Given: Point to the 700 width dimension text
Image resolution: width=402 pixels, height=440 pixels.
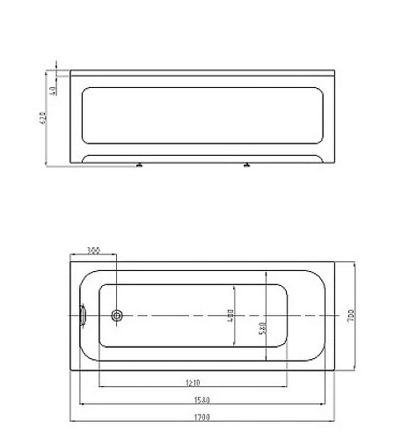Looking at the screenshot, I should coord(351,315).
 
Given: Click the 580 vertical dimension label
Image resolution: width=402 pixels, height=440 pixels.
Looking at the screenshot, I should coord(262,326).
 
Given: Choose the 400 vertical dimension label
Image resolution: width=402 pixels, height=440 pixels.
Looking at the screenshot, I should coord(230,315).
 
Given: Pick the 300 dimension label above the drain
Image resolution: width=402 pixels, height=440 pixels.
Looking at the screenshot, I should coord(95,252).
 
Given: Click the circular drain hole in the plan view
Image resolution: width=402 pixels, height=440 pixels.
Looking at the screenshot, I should coord(118,314).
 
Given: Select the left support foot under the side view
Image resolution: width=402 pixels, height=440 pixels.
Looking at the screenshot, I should coord(139,165).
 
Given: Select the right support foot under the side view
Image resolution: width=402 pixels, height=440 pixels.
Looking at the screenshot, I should coord(247,165).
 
